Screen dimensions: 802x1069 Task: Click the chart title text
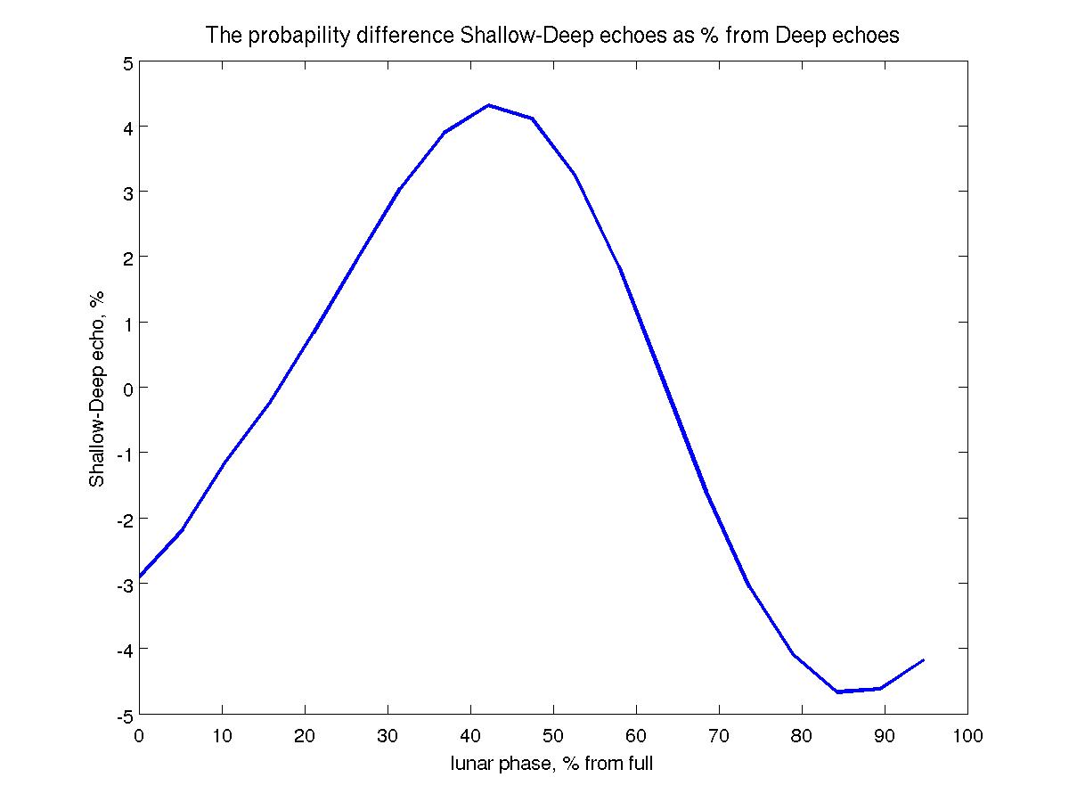click(x=552, y=36)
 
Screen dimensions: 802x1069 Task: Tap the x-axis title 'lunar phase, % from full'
click(x=552, y=763)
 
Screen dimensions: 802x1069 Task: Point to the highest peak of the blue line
click(x=489, y=105)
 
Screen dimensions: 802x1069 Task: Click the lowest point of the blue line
click(x=837, y=692)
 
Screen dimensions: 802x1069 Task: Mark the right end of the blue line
click(x=924, y=660)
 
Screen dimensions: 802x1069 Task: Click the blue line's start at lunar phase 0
click(x=140, y=577)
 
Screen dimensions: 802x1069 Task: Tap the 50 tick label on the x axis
click(x=553, y=736)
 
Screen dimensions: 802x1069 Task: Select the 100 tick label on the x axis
click(x=967, y=736)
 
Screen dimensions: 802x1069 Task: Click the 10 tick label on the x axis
click(x=222, y=736)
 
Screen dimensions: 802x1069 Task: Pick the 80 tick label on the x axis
click(x=802, y=736)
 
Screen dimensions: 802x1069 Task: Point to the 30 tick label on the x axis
click(x=388, y=736)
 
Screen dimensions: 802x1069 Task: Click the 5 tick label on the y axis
click(x=127, y=62)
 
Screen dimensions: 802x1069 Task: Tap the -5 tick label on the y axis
click(x=124, y=715)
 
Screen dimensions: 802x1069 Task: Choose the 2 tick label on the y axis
click(x=127, y=258)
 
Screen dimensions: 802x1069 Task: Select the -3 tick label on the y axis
click(x=124, y=584)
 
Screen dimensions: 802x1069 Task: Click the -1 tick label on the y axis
click(x=124, y=454)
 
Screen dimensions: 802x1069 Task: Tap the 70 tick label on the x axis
click(x=719, y=736)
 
